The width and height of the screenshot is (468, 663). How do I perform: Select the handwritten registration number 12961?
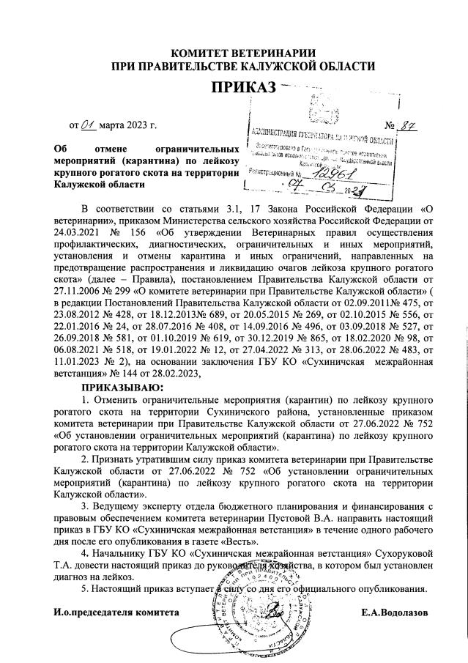pyautogui.click(x=332, y=174)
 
